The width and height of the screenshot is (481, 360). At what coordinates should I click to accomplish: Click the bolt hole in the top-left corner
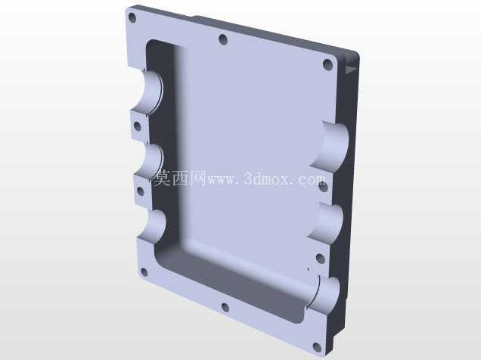pyautogui.click(x=132, y=17)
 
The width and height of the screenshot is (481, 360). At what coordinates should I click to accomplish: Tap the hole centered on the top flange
pyautogui.click(x=223, y=39)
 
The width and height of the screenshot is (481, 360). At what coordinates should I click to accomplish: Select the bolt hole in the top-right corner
pyautogui.click(x=328, y=65)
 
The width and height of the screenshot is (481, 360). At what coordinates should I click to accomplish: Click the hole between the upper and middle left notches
pyautogui.click(x=138, y=126)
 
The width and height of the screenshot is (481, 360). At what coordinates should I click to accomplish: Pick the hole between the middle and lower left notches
pyautogui.click(x=140, y=191)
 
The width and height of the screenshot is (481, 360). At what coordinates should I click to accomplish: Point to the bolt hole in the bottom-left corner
pyautogui.click(x=144, y=272)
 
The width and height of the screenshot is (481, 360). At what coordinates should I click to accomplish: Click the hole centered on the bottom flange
pyautogui.click(x=225, y=307)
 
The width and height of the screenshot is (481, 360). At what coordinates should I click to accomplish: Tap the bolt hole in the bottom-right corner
pyautogui.click(x=317, y=348)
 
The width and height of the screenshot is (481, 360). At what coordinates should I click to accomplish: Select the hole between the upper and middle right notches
pyautogui.click(x=324, y=187)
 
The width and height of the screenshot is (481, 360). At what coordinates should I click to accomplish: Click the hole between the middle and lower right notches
pyautogui.click(x=320, y=259)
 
